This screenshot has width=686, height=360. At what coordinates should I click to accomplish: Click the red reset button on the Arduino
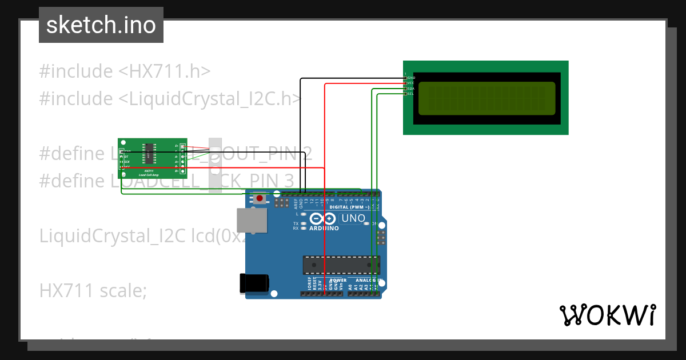[260, 198]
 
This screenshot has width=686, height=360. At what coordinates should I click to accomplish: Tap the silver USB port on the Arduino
[252, 221]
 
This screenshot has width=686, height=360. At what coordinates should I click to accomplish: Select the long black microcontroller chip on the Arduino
[341, 265]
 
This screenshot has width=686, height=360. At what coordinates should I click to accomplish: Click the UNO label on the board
[353, 218]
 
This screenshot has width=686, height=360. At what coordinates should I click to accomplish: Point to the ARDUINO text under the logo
[324, 228]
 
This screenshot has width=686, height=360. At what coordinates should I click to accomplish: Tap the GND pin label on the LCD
[410, 77]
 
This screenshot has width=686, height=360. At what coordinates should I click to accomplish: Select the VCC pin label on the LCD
[410, 83]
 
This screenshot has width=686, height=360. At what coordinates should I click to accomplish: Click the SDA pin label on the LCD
[410, 89]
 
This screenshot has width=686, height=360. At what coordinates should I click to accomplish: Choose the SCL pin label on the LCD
[410, 94]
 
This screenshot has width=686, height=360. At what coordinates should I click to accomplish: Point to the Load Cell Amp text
[149, 175]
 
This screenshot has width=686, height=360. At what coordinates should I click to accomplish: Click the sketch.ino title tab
[101, 25]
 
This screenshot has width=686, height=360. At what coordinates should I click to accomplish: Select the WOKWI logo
[607, 315]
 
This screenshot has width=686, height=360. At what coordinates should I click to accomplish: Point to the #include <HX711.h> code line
[125, 71]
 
